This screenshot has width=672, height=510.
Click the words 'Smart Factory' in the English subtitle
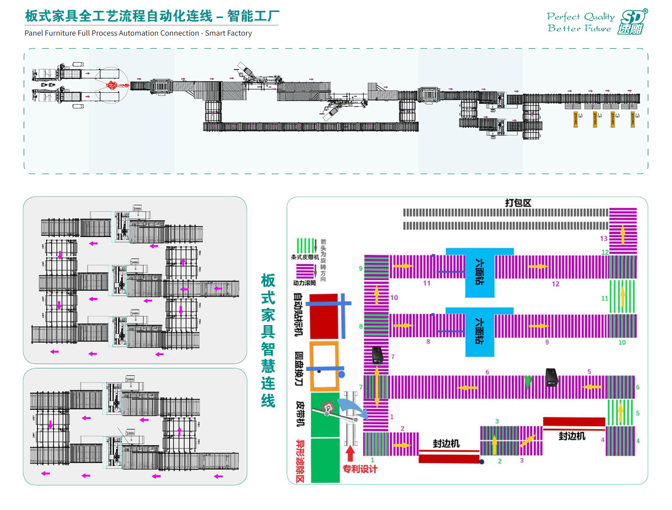[228, 33]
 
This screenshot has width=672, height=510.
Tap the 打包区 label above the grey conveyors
[518, 203]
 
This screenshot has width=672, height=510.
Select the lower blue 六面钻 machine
[480, 331]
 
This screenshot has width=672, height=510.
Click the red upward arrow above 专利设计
[350, 453]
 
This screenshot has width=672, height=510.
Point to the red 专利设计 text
[360, 469]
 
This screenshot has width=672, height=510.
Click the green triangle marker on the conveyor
[528, 382]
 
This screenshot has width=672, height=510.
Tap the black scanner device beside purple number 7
[378, 355]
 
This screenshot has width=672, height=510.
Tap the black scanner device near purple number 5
[552, 377]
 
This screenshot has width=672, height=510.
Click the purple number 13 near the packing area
[604, 238]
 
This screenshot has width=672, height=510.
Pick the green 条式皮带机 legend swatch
[305, 246]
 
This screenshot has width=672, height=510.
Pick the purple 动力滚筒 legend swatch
[305, 271]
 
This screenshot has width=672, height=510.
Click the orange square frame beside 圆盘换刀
[324, 366]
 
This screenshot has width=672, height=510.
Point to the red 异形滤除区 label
[300, 461]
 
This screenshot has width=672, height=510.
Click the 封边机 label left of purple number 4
[572, 436]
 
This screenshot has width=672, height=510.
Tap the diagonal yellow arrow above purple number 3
[528, 440]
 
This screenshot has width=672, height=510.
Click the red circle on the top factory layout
[111, 85]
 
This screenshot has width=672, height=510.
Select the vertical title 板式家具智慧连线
[268, 341]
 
